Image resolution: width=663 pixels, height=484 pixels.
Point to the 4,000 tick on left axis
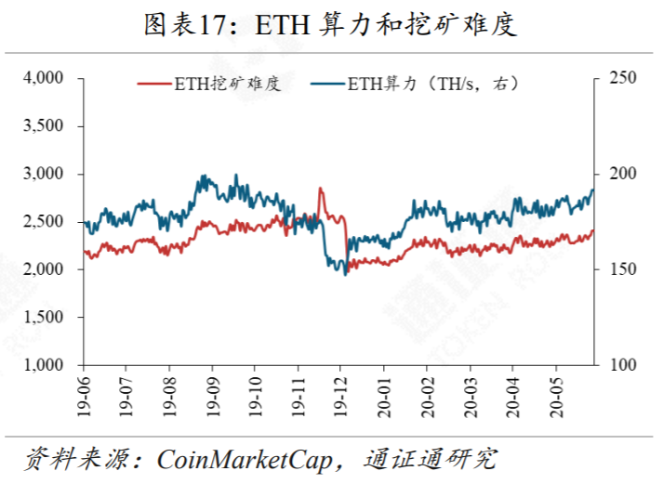coord(41,78)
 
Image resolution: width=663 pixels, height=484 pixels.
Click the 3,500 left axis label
coord(41,125)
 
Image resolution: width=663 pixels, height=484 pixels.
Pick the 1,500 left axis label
coord(41,318)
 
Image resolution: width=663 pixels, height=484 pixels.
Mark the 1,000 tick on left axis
coord(41,365)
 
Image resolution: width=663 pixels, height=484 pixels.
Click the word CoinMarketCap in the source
coord(250,458)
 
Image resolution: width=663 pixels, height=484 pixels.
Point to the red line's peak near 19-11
coord(320,189)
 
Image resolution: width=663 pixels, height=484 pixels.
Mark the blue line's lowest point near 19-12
coord(345,273)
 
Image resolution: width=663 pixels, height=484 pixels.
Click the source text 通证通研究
coord(432,458)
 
